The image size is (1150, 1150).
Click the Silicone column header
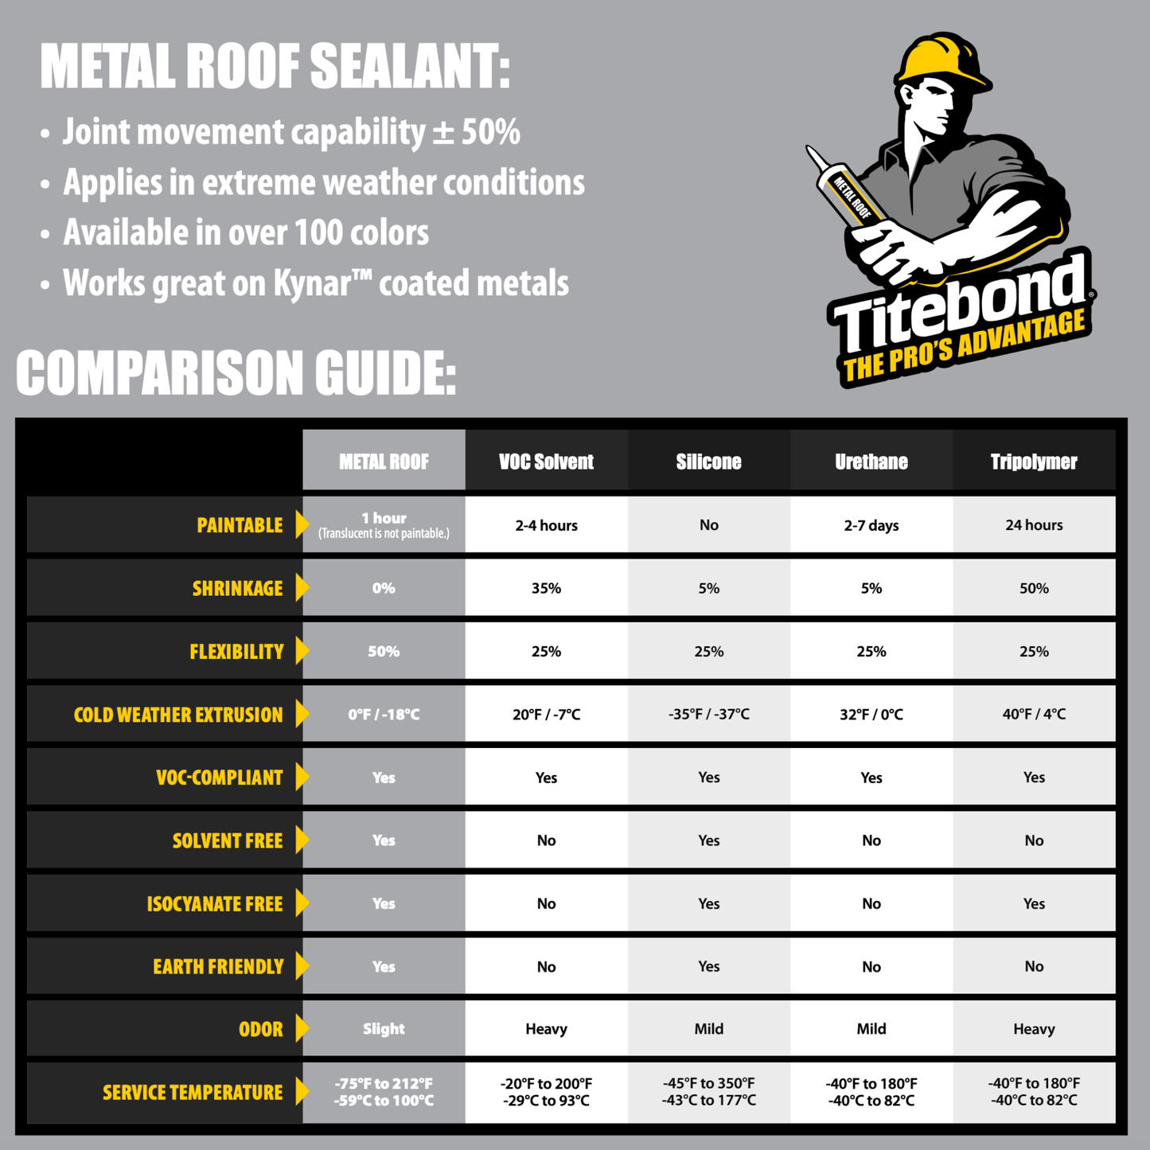click(x=708, y=462)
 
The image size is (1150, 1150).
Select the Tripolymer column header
click(x=1033, y=462)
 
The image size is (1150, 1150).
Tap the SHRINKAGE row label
click(x=237, y=588)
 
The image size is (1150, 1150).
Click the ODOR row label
click(x=260, y=1029)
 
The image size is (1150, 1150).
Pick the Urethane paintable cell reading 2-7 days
click(x=871, y=525)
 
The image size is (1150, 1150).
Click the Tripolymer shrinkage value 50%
click(x=1033, y=588)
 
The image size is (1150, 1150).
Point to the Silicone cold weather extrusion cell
click(x=708, y=714)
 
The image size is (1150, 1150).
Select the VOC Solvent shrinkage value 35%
click(x=546, y=588)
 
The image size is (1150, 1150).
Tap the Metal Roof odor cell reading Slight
click(x=384, y=1029)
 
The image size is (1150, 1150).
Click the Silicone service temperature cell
click(x=708, y=1092)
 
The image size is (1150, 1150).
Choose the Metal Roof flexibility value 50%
click(x=384, y=651)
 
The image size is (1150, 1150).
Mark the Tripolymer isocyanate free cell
click(x=1033, y=903)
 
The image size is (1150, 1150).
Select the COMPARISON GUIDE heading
click(x=236, y=372)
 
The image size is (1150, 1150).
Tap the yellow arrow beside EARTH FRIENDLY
click(x=302, y=966)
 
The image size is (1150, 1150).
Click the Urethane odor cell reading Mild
click(x=871, y=1029)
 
